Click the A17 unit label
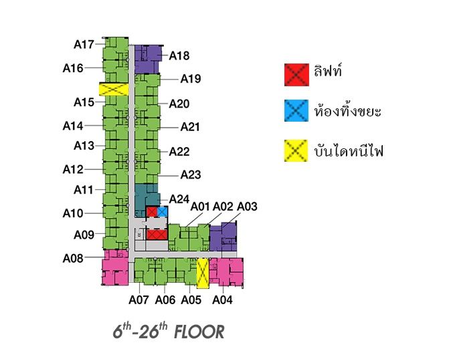[84, 45]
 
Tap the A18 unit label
[179, 56]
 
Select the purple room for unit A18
[148, 58]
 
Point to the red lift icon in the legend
[295, 74]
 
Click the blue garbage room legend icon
[295, 111]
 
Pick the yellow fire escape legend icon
[295, 151]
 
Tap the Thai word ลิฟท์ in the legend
[328, 72]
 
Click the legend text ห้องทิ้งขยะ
[347, 111]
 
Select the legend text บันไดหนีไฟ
[349, 151]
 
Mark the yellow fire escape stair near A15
[113, 89]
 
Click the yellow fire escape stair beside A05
[202, 273]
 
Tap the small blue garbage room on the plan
[162, 212]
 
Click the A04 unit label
[222, 300]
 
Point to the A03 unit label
[247, 206]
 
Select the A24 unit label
[179, 199]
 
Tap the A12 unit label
[73, 170]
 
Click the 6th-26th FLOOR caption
[168, 332]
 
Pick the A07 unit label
[139, 300]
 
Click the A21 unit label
[190, 127]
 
